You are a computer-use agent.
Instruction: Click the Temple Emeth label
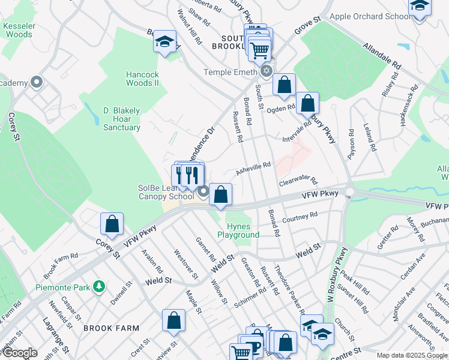tap(229, 72)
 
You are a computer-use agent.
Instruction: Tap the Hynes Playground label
tap(243, 230)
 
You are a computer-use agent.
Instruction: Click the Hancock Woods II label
tap(142, 79)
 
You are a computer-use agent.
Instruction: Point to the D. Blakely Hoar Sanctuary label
tap(121, 119)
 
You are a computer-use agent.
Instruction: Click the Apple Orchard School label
tap(370, 16)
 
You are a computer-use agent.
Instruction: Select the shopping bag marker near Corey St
tap(112, 224)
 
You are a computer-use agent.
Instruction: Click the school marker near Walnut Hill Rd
tap(164, 42)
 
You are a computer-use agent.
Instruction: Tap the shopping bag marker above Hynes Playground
tap(221, 194)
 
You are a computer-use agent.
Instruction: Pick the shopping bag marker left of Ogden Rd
tap(284, 85)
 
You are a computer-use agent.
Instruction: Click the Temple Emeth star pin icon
tap(265, 72)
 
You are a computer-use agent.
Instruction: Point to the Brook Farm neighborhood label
tap(111, 328)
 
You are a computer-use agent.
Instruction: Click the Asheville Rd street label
tap(253, 168)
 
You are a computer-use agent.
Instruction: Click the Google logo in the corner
tap(19, 353)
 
